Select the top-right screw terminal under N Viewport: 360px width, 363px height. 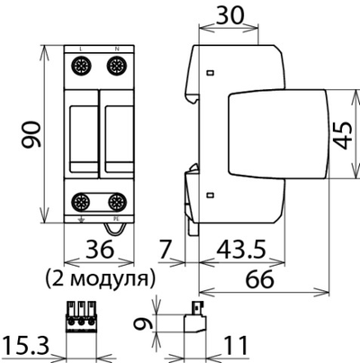(115, 65)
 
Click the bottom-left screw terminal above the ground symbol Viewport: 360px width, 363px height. (80, 202)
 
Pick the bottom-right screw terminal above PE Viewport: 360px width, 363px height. (115, 202)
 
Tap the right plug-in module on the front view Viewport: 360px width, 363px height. (114, 133)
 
